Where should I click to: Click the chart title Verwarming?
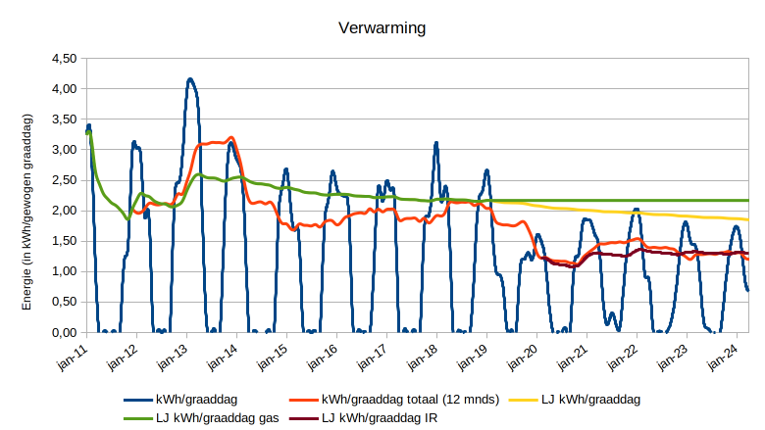(x=382, y=27)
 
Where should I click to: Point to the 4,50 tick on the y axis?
(x=63, y=59)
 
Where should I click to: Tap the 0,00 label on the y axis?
(x=63, y=333)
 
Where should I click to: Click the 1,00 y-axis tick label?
(x=63, y=272)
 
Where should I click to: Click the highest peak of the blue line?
(x=190, y=79)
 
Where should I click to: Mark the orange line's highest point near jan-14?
(x=230, y=137)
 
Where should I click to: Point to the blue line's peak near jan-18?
(x=436, y=143)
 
